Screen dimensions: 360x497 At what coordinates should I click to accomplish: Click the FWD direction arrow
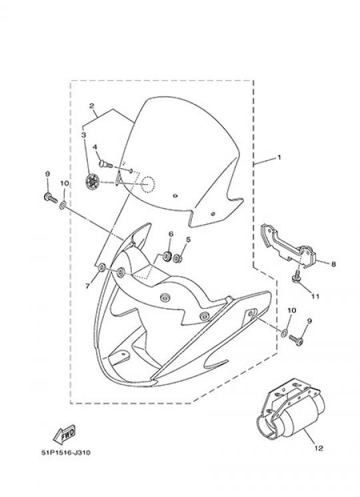tap(64, 434)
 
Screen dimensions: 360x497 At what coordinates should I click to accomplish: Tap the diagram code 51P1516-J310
tap(66, 452)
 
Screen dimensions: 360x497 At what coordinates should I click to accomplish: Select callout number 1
tap(279, 157)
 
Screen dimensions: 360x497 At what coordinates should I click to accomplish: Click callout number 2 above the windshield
tap(92, 105)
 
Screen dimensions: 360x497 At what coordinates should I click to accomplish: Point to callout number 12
tap(319, 448)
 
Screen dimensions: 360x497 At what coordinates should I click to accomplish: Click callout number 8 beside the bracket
tap(333, 264)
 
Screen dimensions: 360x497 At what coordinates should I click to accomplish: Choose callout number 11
tap(315, 296)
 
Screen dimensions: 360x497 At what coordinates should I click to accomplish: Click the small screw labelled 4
tap(106, 164)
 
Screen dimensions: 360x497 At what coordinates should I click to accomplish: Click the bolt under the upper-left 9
tap(51, 197)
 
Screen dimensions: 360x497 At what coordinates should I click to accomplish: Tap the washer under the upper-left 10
tap(63, 206)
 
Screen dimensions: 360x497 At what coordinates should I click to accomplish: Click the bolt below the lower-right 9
tap(296, 340)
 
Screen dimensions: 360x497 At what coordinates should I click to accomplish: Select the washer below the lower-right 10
tap(285, 333)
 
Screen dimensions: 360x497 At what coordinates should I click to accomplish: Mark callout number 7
tap(88, 286)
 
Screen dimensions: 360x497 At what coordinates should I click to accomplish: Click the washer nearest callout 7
tap(102, 268)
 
